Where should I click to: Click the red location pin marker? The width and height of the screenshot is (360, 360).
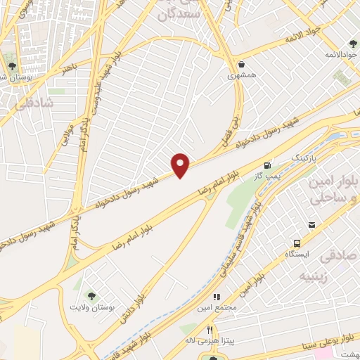point(181,165)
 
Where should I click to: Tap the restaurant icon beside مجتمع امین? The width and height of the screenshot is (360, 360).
point(217,297)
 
